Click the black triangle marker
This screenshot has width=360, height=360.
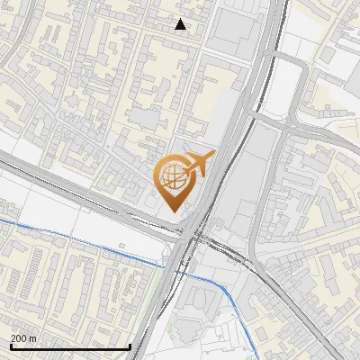tap(181, 24)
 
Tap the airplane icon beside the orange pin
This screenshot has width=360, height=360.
tap(199, 164)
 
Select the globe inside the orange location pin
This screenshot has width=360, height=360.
tap(171, 176)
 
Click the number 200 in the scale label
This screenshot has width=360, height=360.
tap(19, 338)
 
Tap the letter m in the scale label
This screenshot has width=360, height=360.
tap(32, 338)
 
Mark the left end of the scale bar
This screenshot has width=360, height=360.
tap(11, 346)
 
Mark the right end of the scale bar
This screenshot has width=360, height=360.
tap(130, 346)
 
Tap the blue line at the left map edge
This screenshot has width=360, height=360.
tap(2, 220)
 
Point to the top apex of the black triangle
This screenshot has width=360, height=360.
tap(181, 19)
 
